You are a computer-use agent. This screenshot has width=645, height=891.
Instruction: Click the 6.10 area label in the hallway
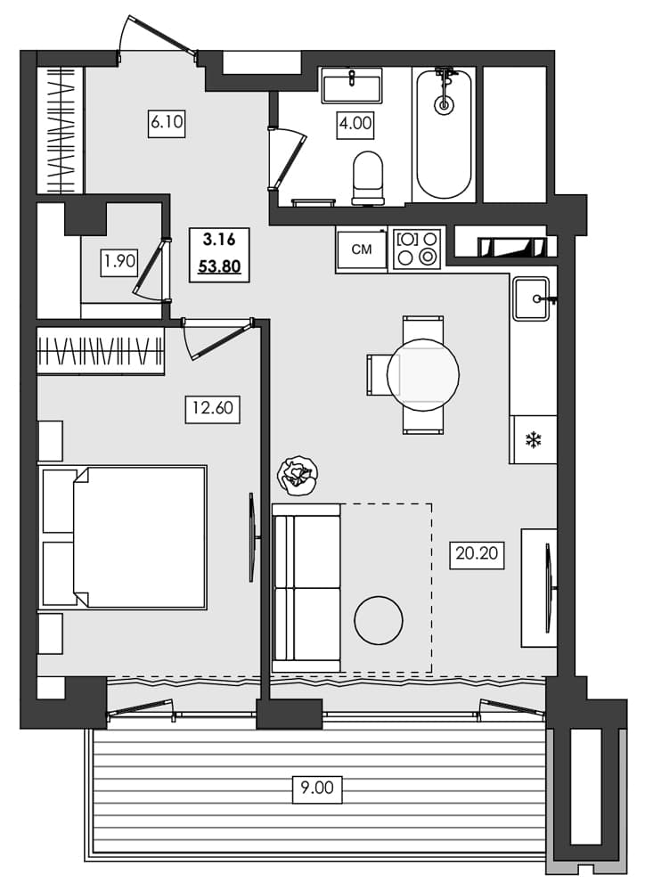coord(167,123)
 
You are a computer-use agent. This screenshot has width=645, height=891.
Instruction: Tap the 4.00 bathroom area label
coord(355,124)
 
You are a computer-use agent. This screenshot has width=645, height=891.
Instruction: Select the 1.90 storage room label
coord(118,262)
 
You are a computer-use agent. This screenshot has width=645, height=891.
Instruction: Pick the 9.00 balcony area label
coord(316,789)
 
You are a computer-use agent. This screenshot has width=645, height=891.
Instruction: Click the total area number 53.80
coord(219,266)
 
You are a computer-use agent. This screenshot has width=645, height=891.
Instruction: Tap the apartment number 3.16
coord(218,239)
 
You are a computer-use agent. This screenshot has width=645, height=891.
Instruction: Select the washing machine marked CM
coord(362,249)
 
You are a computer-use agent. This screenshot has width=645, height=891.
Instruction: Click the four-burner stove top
coord(418,249)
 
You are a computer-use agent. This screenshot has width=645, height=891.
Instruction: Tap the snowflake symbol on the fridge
coord(533,440)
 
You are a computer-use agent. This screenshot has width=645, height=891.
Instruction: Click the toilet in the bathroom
coord(367,176)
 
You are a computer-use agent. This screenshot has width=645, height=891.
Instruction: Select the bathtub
coord(445,134)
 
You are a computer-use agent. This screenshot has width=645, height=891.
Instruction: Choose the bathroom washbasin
coord(351,86)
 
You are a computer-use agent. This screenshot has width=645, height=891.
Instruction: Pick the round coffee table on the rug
coord(379,619)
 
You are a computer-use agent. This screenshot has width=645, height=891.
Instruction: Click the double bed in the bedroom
coord(125,537)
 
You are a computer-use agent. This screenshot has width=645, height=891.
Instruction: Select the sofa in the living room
coord(306,588)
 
